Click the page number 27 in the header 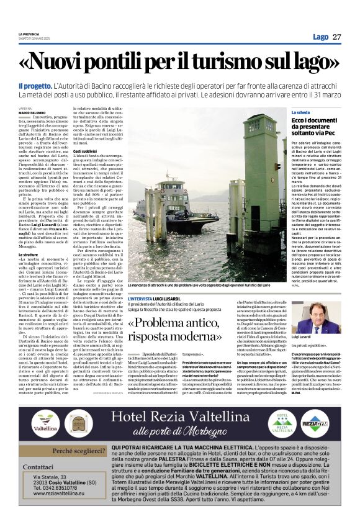coord(337,37)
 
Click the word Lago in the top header coord(320,37)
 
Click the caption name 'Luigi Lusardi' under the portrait coord(319,336)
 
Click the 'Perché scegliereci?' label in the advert coord(78,451)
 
